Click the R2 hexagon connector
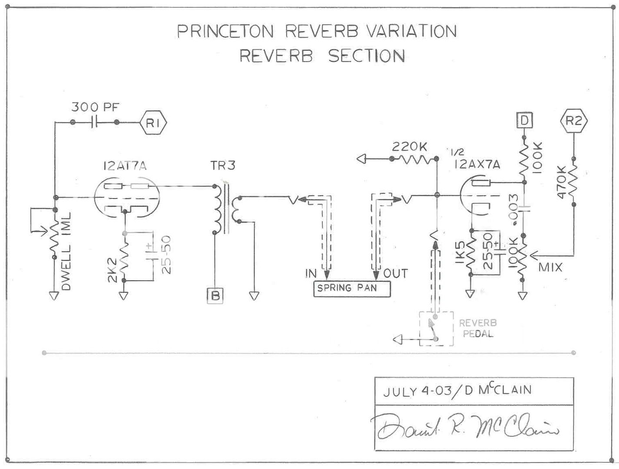[x=573, y=121]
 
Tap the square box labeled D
[x=524, y=120]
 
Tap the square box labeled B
[x=215, y=296]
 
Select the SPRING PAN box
[x=352, y=288]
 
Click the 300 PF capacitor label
[x=96, y=107]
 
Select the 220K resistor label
[x=409, y=147]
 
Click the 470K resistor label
[x=561, y=182]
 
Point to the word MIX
[x=550, y=267]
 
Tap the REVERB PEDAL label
[x=478, y=328]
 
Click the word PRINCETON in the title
[x=225, y=32]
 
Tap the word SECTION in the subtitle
[x=366, y=56]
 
